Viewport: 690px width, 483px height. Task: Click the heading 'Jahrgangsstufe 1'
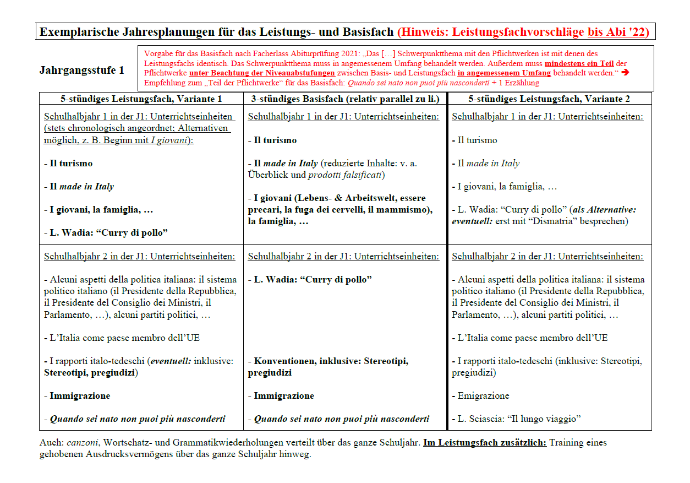point(82,70)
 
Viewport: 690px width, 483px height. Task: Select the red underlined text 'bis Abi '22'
point(618,32)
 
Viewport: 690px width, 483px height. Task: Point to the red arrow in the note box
point(645,73)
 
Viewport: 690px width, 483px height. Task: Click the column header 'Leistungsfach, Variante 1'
point(141,99)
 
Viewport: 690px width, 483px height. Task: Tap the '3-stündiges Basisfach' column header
point(345,99)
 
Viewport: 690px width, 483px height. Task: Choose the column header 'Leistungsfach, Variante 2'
point(549,99)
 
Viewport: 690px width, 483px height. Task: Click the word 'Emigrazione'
point(484,395)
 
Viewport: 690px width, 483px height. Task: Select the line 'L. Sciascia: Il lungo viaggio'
point(519,419)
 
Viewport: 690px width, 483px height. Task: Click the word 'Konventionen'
point(284,361)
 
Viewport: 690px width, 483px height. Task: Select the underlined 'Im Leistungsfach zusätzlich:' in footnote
point(485,442)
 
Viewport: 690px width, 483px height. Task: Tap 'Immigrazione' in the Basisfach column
point(284,395)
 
